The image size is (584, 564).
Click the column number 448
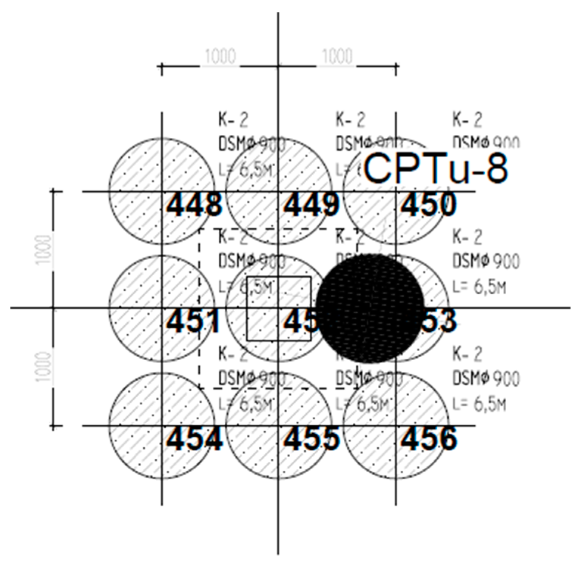point(194,205)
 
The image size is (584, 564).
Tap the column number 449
point(311,205)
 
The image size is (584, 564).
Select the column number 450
point(428,205)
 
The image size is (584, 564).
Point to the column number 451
point(193,322)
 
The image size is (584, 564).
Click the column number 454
point(194,439)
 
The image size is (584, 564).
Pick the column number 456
point(428,439)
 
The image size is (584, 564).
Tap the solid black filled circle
point(370,308)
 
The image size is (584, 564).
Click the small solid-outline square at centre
point(279,308)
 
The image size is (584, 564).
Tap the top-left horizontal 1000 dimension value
point(220,57)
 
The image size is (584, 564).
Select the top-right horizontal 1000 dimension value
point(337,57)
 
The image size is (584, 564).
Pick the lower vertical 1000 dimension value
point(44,367)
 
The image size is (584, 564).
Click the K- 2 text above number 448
point(233,120)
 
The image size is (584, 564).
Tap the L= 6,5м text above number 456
point(479,405)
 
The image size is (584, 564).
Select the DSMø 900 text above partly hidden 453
point(486,261)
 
